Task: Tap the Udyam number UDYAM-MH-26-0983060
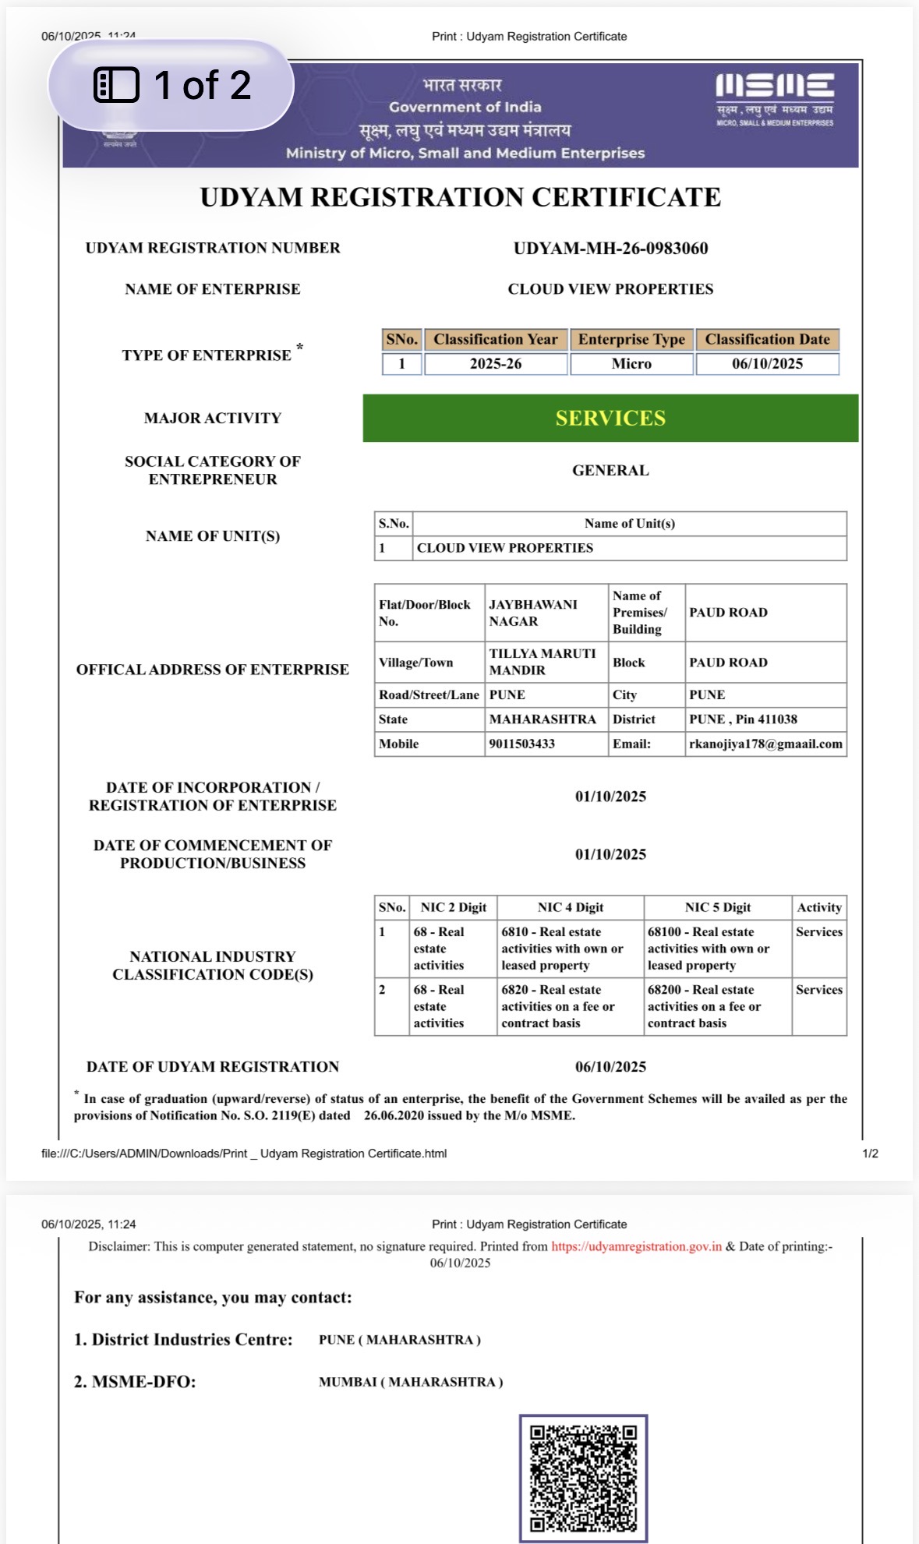tap(610, 249)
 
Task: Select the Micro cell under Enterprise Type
tap(631, 364)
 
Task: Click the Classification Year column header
tap(496, 340)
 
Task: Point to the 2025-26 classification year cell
tap(496, 364)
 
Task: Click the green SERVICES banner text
tap(610, 419)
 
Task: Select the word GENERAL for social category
tap(610, 471)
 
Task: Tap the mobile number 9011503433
tap(522, 744)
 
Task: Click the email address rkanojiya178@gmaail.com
tap(765, 744)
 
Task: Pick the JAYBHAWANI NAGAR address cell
tap(533, 613)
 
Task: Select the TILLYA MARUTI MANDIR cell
tap(543, 662)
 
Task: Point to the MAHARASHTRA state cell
tap(543, 719)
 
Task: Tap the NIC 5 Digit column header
tap(718, 908)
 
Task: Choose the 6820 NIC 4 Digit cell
tap(558, 1006)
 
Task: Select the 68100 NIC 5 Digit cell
tap(708, 949)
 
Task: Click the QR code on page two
tap(583, 1479)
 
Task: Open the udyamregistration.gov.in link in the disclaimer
tap(637, 1247)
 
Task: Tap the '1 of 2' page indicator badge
tap(171, 85)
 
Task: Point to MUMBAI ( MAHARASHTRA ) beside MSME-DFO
tap(411, 1383)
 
